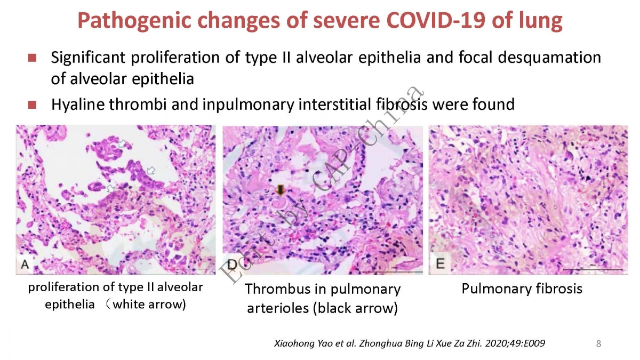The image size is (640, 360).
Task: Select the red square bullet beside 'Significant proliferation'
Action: pos(33,58)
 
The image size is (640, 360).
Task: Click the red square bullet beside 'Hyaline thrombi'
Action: pos(33,105)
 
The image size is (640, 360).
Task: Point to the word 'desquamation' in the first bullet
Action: pos(549,58)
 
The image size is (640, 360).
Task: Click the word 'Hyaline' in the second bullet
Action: pos(80,105)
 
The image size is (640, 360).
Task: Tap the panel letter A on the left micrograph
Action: pos(25,265)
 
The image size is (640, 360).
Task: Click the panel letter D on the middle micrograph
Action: pos(232,265)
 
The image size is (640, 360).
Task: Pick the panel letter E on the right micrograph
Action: pos(441,263)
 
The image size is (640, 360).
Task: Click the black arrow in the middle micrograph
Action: pos(281,190)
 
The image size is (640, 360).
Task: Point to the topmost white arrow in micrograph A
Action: pos(122,143)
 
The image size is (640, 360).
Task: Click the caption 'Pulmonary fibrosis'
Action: pos(522,289)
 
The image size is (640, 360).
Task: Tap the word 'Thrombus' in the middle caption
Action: pos(277,289)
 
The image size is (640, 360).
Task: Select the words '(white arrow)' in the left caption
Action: pos(146,305)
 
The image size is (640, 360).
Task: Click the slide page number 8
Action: pos(598,343)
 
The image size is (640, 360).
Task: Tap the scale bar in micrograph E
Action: pos(593,269)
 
